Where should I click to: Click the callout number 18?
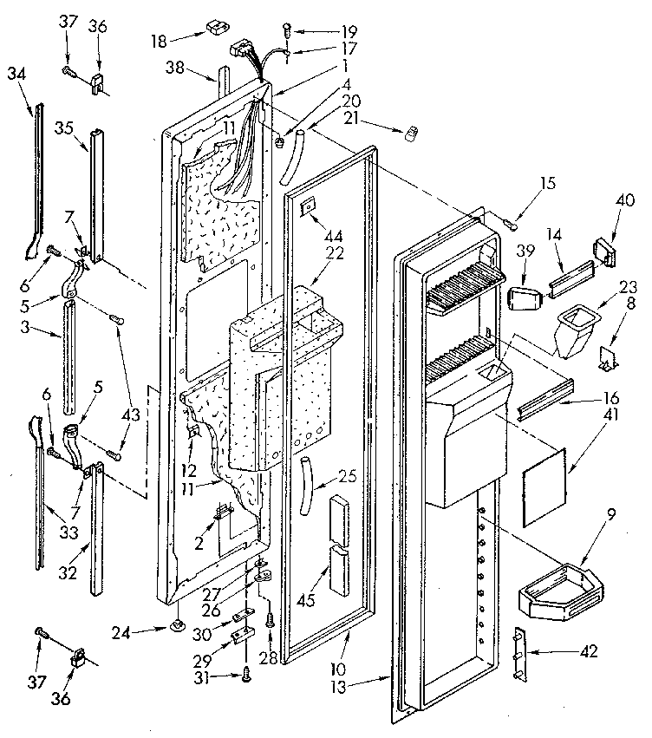pos(159,40)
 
